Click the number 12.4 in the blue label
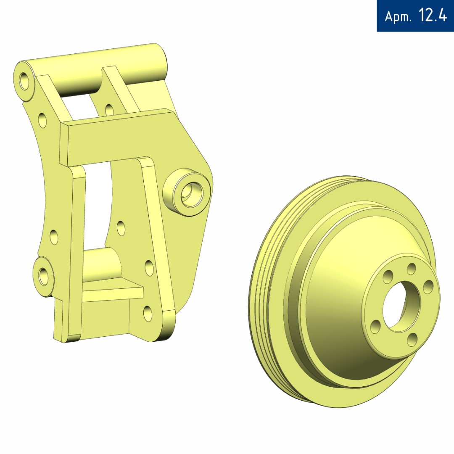433,16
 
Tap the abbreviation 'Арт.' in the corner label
398,16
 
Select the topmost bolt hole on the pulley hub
411,269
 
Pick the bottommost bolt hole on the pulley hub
412,339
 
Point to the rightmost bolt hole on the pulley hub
428,287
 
